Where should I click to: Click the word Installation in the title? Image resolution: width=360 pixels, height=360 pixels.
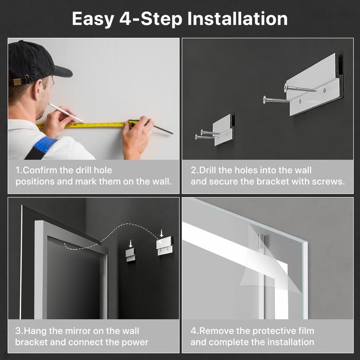point(237,19)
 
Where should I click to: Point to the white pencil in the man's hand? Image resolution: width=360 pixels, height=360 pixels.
point(65,112)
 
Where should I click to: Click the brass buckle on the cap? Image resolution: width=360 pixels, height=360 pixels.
point(17,81)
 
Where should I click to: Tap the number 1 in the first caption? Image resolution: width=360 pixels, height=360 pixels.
point(18,171)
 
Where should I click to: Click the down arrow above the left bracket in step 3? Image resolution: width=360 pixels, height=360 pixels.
point(131,243)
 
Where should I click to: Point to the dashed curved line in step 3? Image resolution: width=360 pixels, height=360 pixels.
point(117,234)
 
